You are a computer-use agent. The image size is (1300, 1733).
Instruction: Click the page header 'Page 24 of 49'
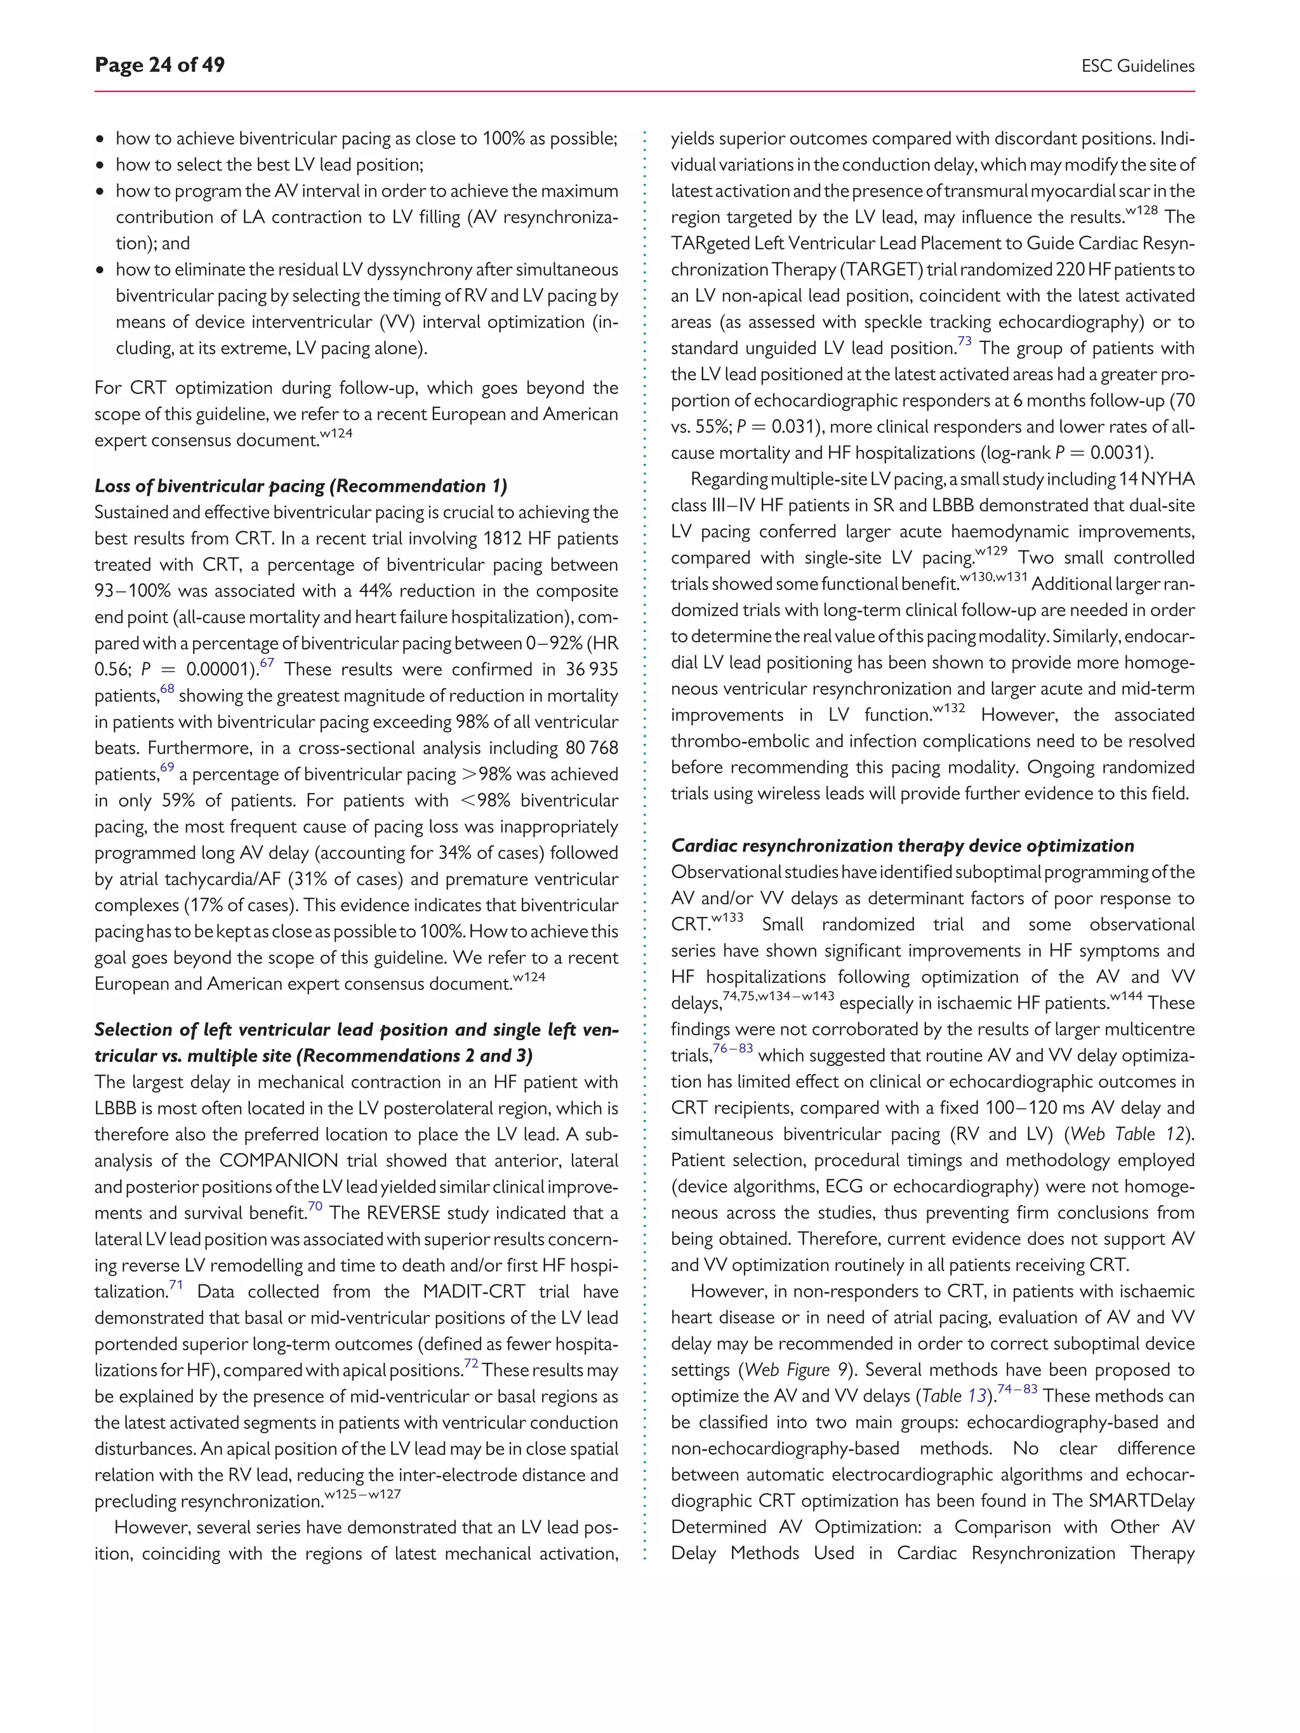point(159,65)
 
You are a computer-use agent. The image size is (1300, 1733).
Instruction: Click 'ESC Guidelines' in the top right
point(1137,67)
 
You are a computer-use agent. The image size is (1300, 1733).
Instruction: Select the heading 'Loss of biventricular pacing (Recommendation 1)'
point(301,487)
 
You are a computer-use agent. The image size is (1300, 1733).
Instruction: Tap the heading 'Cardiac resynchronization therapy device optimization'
point(902,846)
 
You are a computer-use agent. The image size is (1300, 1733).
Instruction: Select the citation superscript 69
point(167,768)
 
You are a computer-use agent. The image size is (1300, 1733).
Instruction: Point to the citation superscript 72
point(471,1364)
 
